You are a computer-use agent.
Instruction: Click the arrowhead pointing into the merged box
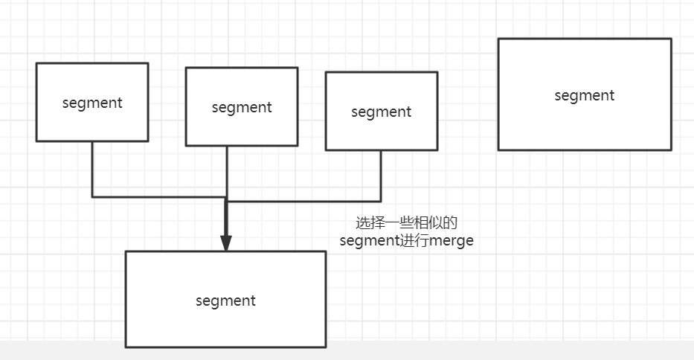tap(226, 243)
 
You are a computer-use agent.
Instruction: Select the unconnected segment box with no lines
tap(585, 119)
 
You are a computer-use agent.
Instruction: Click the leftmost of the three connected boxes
tap(92, 123)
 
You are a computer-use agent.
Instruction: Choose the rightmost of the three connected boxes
tap(381, 132)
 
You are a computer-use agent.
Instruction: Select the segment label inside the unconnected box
tap(585, 95)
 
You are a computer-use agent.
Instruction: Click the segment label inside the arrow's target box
tap(225, 300)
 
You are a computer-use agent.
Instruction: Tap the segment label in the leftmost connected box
tap(92, 103)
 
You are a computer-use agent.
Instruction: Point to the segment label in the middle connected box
tap(242, 107)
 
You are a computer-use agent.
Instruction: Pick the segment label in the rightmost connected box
tap(381, 112)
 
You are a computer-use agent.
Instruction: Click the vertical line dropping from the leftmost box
tap(92, 169)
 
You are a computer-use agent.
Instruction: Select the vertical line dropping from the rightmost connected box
tap(381, 176)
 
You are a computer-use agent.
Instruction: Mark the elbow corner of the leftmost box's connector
tap(92, 197)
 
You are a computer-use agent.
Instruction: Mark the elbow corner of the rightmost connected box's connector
tap(381, 202)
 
